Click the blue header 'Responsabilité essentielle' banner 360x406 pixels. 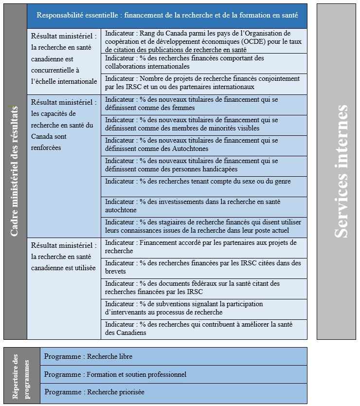pyautogui.click(x=167, y=16)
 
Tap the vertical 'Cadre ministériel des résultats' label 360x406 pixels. pyautogui.click(x=15, y=171)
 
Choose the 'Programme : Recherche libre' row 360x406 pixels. pyautogui.click(x=173, y=356)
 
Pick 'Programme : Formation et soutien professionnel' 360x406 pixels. pyautogui.click(x=173, y=374)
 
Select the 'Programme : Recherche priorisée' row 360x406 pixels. pyautogui.click(x=173, y=392)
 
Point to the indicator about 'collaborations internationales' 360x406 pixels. pyautogui.click(x=204, y=62)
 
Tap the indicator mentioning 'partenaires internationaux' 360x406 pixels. pyautogui.click(x=204, y=83)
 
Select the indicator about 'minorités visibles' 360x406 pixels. pyautogui.click(x=204, y=124)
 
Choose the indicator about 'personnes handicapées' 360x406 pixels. pyautogui.click(x=204, y=165)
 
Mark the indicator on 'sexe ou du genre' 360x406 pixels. pyautogui.click(x=204, y=182)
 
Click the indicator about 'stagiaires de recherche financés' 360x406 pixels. pyautogui.click(x=204, y=226)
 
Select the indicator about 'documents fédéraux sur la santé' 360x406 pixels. pyautogui.click(x=204, y=288)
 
